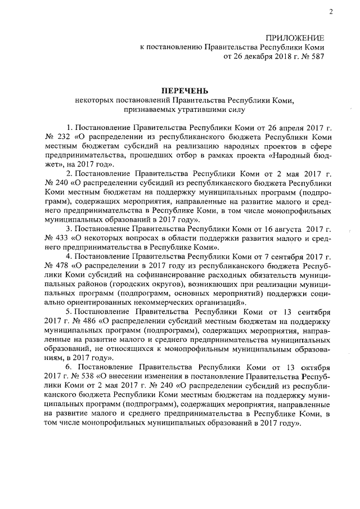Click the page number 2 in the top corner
tap(331, 12)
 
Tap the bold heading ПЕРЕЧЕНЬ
tap(185, 90)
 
